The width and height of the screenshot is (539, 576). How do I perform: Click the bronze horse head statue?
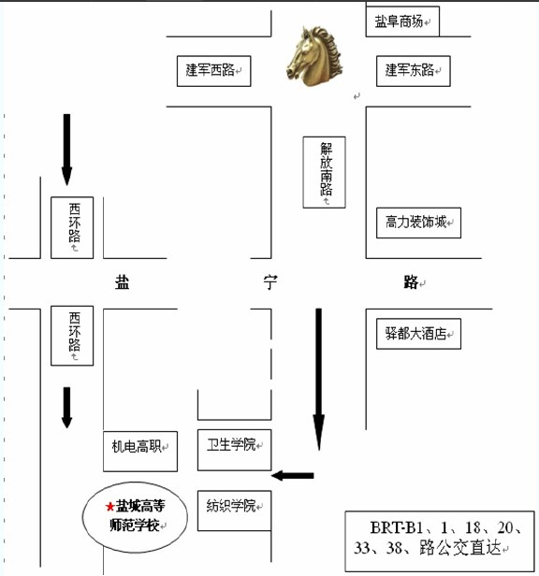click(x=314, y=56)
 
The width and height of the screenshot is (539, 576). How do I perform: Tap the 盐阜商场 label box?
click(x=402, y=22)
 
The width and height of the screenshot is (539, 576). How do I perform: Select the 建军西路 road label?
click(x=213, y=71)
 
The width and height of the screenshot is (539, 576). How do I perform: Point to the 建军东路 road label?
click(x=414, y=71)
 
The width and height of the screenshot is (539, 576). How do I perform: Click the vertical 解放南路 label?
click(x=325, y=172)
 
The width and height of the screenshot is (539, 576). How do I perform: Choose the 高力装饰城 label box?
click(x=418, y=223)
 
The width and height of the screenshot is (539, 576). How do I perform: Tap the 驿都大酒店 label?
click(x=418, y=334)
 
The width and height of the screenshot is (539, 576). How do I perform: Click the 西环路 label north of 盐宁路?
click(x=72, y=228)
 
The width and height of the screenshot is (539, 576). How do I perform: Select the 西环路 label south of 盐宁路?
click(x=72, y=336)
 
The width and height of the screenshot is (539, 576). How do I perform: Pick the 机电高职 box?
click(x=140, y=452)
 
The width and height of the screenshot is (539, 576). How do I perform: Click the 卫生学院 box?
click(x=235, y=450)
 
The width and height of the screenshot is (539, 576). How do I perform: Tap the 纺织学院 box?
click(x=235, y=511)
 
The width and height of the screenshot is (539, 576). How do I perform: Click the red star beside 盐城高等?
click(x=109, y=507)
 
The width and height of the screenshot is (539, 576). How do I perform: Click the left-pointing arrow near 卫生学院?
click(x=293, y=476)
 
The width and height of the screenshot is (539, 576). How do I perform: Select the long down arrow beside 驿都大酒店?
click(x=319, y=379)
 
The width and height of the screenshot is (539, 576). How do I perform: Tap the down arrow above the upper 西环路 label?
click(x=66, y=150)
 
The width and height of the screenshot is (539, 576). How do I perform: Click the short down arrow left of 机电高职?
click(x=66, y=408)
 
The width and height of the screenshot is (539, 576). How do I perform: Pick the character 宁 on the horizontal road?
click(x=270, y=282)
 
